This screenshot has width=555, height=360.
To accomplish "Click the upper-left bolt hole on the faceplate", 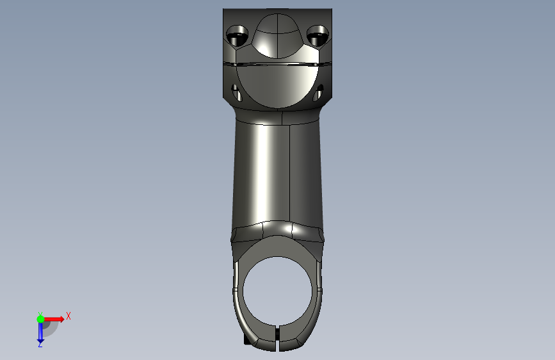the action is click(x=237, y=35).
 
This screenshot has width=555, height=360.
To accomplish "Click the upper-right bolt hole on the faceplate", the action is click(x=318, y=35).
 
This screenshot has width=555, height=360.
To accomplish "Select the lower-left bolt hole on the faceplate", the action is click(x=236, y=93).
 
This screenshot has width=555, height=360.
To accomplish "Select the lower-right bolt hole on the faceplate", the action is click(x=318, y=93).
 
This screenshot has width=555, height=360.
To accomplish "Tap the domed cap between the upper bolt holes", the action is click(x=278, y=36).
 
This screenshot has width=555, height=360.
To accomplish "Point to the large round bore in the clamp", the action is click(x=278, y=291).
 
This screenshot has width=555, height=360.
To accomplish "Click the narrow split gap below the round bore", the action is click(x=277, y=338).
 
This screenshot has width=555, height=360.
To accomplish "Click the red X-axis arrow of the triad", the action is click(x=54, y=319).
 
